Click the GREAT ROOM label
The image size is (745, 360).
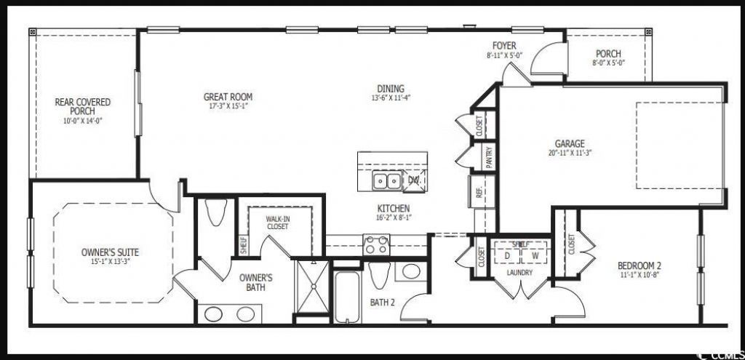click(228, 97)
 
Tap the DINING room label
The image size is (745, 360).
click(387, 89)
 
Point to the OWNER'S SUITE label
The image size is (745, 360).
click(110, 252)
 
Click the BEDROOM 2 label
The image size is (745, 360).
click(639, 265)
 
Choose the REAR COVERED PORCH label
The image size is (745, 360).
click(83, 107)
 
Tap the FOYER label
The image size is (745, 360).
click(503, 46)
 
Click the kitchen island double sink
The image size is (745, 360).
click(386, 180)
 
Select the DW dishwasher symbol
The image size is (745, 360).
click(414, 180)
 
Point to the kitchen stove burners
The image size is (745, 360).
click(376, 244)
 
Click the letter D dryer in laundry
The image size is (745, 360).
click(506, 256)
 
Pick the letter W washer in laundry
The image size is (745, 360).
click(535, 256)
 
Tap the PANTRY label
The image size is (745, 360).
click(489, 157)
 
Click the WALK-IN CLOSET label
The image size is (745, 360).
click(276, 222)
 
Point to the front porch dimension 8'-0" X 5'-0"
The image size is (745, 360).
click(608, 63)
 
